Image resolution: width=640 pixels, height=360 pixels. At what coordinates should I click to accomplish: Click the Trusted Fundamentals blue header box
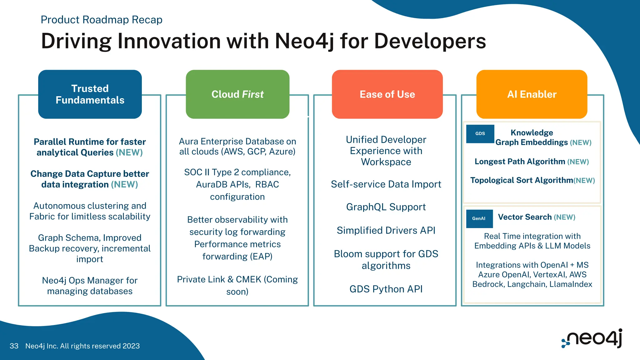[90, 94]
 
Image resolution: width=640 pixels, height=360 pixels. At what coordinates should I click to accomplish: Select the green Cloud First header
[237, 94]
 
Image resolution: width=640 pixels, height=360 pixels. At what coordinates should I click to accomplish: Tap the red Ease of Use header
[387, 94]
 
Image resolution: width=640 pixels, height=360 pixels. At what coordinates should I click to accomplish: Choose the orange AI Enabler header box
[532, 94]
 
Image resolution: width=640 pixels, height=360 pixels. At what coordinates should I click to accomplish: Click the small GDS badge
[480, 134]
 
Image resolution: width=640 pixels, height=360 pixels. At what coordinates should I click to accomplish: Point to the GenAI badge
[479, 218]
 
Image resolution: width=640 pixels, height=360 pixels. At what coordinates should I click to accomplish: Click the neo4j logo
[592, 338]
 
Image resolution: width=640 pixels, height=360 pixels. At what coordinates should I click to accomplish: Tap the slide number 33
[14, 346]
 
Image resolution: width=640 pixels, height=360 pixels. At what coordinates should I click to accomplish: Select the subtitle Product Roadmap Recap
[102, 20]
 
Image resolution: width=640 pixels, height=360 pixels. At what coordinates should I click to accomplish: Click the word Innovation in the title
[170, 41]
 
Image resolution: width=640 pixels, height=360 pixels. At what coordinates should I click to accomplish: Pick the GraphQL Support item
[386, 207]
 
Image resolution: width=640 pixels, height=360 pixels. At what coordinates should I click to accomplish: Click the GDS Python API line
[386, 289]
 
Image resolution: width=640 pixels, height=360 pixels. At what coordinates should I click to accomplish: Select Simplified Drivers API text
[386, 230]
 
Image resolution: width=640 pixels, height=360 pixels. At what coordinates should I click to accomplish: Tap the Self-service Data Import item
[386, 184]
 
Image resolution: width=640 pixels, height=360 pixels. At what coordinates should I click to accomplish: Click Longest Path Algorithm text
[520, 162]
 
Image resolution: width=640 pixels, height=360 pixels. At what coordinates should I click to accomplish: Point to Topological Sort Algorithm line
[522, 180]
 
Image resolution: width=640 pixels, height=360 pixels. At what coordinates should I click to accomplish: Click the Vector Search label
[525, 217]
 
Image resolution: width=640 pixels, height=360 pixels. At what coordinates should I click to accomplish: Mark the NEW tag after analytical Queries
[129, 152]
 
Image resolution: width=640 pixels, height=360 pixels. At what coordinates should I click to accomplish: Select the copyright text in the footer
[82, 346]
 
